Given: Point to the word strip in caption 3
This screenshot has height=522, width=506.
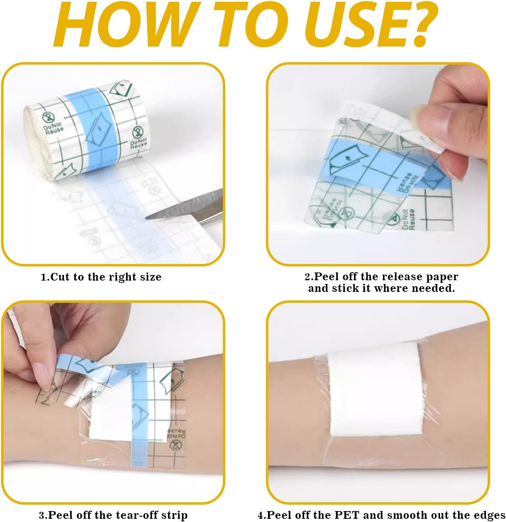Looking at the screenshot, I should tap(174, 515).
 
